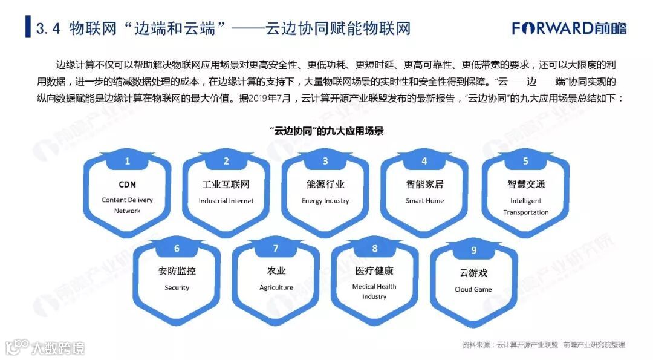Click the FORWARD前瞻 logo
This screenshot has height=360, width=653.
click(x=569, y=28)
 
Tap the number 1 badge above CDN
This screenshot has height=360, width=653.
click(x=127, y=161)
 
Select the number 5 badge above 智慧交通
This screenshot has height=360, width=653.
click(x=525, y=161)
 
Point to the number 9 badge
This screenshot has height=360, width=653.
click(x=474, y=250)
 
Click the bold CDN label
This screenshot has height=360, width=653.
click(x=127, y=185)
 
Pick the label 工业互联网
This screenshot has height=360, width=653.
click(x=226, y=185)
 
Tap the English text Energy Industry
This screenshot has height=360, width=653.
click(x=325, y=201)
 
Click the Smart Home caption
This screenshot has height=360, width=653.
click(x=424, y=201)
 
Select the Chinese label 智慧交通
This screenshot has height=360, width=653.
click(x=525, y=185)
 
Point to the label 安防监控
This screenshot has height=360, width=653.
click(x=177, y=271)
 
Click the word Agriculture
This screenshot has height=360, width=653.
click(x=276, y=287)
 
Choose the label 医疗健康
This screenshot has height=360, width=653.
click(x=374, y=271)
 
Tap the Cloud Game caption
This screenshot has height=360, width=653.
click(x=473, y=289)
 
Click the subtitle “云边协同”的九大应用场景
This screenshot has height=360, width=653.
click(x=326, y=131)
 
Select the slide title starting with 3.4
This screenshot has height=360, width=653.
click(x=224, y=28)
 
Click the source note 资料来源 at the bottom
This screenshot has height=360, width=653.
click(x=544, y=345)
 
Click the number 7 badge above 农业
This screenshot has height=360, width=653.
click(x=276, y=249)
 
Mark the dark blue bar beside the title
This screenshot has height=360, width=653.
click(x=28, y=28)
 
